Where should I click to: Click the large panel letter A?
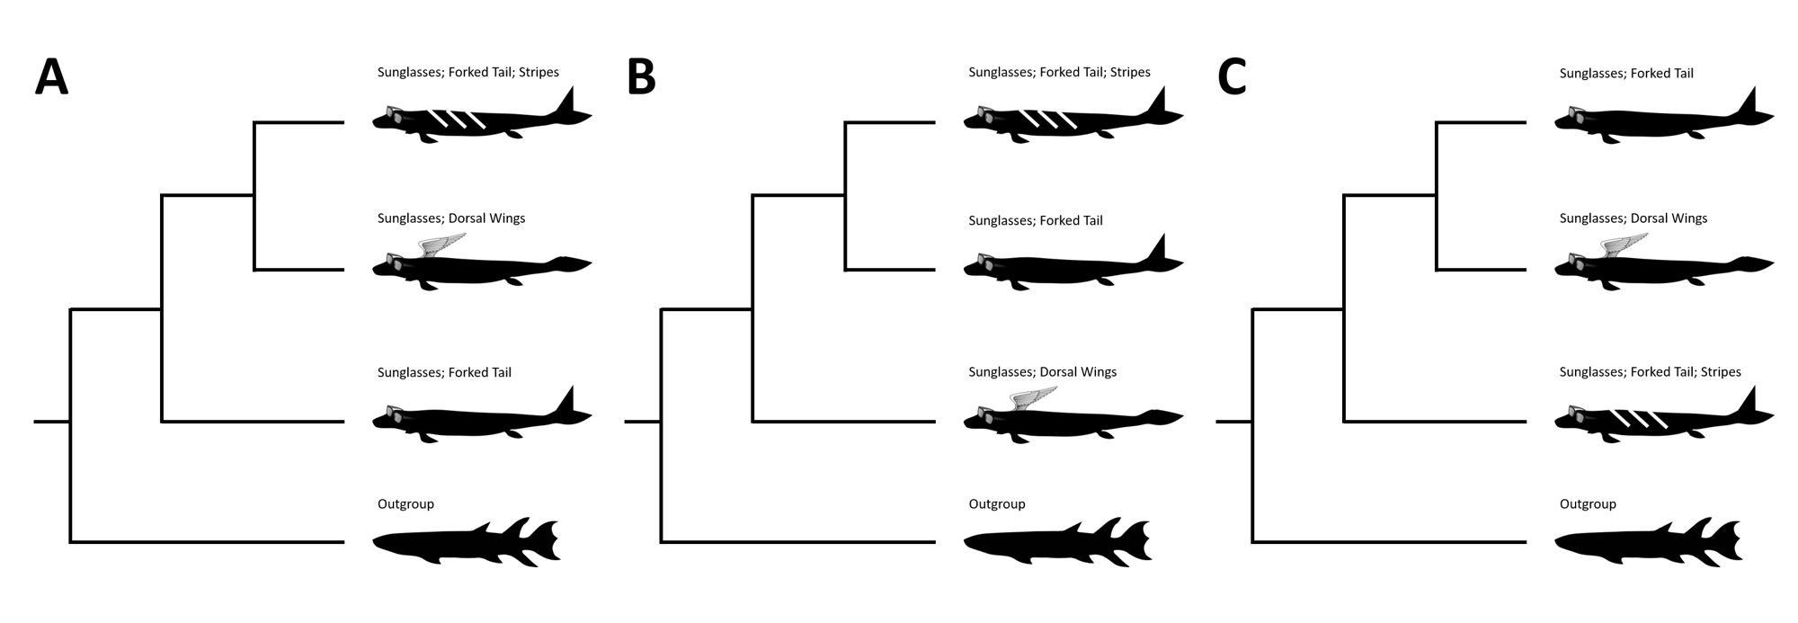[51, 77]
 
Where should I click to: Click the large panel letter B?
[641, 77]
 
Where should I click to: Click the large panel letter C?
[1232, 77]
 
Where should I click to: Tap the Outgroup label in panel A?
[405, 504]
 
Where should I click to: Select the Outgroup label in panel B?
[997, 504]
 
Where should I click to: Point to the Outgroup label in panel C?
[1588, 504]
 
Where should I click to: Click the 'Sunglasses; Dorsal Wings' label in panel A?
[451, 218]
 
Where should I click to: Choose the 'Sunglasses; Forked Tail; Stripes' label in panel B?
[1059, 72]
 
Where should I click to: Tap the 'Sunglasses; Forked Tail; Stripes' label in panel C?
[1650, 372]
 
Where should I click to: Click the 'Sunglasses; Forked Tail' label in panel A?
[444, 372]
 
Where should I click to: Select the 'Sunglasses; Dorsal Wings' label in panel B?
[1042, 372]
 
